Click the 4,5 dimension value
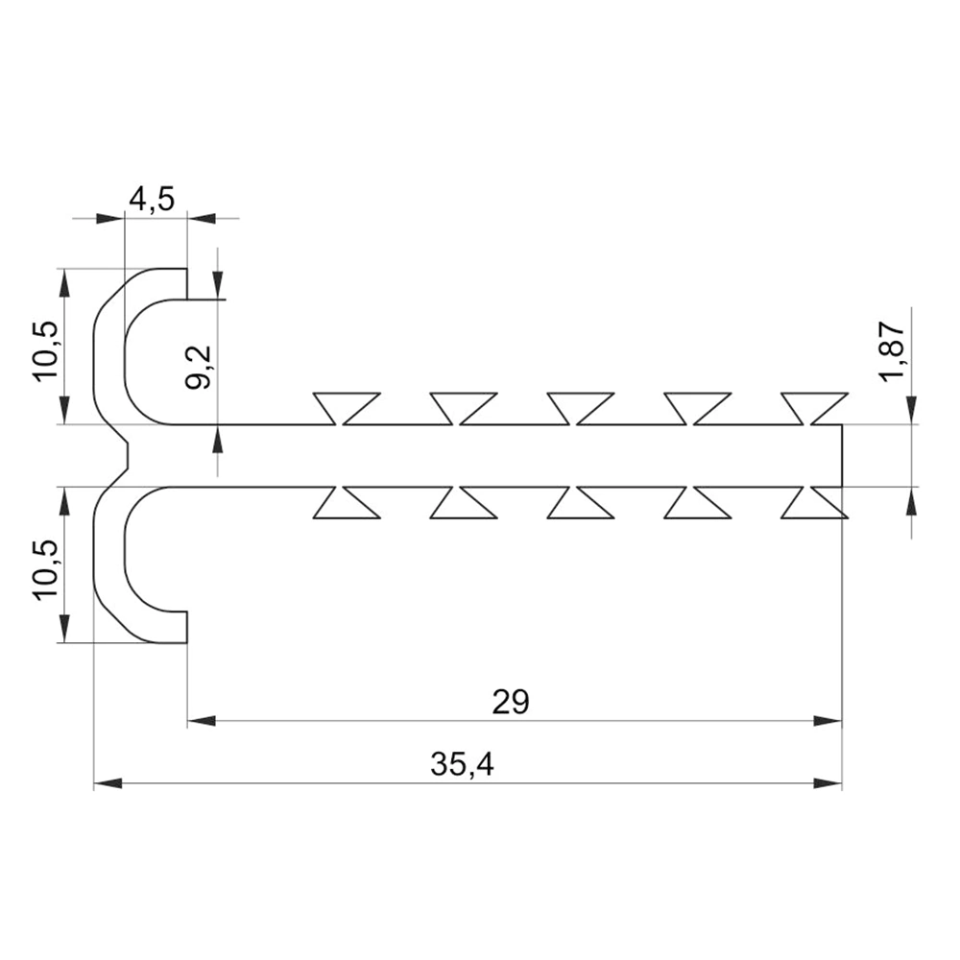coord(152,200)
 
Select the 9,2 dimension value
coord(199,368)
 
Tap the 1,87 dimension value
coord(892,351)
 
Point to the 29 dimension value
coord(511,703)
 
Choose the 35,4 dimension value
coord(462,765)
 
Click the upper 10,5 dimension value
coord(46,350)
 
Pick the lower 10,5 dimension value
coord(46,570)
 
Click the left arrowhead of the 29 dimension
coord(202,721)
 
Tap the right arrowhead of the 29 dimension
coord(828,721)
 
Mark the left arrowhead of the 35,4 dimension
coord(108,783)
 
